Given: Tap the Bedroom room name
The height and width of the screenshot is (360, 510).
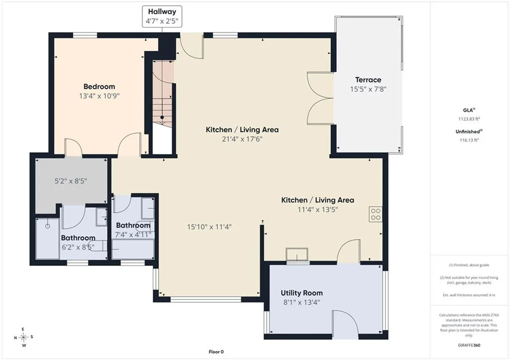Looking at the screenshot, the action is click(99, 87).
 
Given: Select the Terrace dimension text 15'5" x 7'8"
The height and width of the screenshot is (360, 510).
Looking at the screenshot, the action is click(368, 89).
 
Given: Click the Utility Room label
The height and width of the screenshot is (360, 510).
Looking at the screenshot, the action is click(302, 293).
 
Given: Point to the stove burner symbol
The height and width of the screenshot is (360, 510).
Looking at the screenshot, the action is click(376, 214).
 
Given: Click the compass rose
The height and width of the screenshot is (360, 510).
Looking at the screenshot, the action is click(23, 337).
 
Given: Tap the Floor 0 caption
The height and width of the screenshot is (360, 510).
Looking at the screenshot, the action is click(216, 352).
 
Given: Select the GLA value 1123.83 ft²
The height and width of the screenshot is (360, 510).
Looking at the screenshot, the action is click(469, 119).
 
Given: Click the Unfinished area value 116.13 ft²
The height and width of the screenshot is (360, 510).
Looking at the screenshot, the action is click(469, 140).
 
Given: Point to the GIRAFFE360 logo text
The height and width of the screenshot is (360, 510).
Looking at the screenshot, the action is click(469, 345).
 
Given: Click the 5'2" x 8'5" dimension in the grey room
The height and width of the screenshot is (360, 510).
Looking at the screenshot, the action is click(71, 181).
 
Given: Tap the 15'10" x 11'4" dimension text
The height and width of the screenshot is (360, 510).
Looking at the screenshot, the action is click(209, 227).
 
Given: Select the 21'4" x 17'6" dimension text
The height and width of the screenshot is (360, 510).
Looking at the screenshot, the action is click(242, 139).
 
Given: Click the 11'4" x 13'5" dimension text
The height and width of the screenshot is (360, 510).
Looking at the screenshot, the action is click(318, 210).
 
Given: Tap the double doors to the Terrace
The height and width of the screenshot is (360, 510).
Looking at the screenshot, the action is click(320, 98).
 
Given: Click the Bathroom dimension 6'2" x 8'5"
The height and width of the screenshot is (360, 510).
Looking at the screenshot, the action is click(78, 247).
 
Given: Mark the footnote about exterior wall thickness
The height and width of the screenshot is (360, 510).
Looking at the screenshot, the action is click(469, 295).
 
